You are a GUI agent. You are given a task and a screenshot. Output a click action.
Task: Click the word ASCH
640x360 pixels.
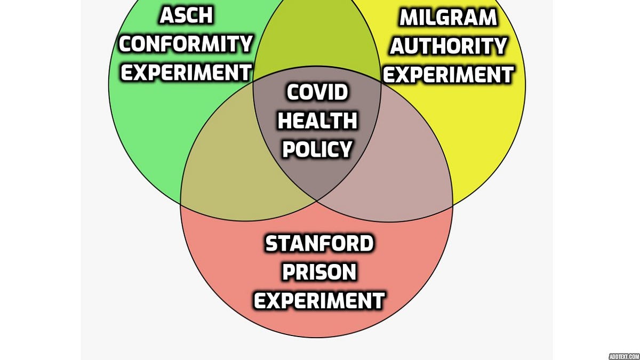(x=186, y=15)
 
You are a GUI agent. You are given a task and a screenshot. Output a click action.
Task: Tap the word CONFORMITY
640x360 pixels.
(x=186, y=44)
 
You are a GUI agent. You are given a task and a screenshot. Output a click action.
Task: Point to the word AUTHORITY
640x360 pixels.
(x=449, y=46)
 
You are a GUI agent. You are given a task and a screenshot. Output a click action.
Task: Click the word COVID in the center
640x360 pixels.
(x=317, y=92)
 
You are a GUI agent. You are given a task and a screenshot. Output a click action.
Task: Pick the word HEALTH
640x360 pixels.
(x=317, y=121)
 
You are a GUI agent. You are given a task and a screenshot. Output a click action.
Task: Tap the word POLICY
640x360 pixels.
(x=317, y=149)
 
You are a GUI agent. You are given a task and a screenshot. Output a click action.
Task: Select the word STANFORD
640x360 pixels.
(x=319, y=243)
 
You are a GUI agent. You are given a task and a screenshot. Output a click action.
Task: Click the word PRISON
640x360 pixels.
(x=319, y=271)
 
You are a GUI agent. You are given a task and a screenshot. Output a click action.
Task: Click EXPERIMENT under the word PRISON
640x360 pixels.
(x=319, y=300)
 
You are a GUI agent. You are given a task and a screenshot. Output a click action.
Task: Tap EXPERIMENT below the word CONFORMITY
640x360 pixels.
(x=186, y=73)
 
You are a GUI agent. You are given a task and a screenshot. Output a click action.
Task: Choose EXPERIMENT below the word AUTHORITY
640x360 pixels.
(x=449, y=74)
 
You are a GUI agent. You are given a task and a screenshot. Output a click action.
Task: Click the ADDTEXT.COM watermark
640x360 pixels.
(x=624, y=356)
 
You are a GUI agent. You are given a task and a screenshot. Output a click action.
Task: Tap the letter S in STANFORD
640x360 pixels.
(x=271, y=243)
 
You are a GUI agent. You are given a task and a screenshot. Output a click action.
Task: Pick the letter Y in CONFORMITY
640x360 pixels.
(x=246, y=44)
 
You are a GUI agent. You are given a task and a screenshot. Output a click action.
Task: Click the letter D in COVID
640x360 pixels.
(x=341, y=92)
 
